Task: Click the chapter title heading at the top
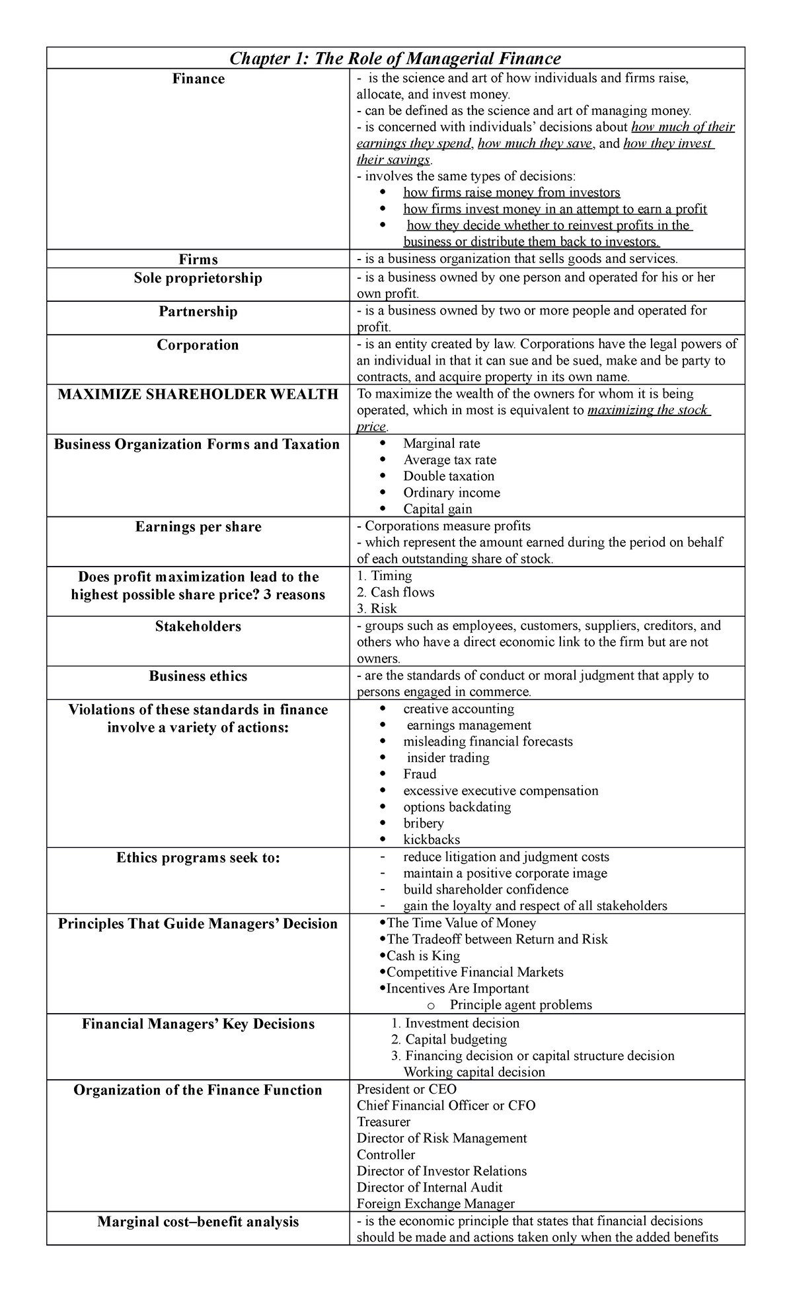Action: [395, 59]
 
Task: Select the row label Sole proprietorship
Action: [198, 278]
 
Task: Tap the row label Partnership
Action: [198, 311]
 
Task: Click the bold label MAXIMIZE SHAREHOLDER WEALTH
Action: [198, 394]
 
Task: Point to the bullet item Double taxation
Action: [449, 476]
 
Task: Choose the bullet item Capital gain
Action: [437, 509]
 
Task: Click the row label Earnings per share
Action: [198, 527]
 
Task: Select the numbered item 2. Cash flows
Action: [395, 592]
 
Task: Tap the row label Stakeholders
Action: [198, 626]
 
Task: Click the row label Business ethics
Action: [198, 676]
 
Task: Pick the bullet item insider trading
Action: [447, 758]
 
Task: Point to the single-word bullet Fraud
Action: [420, 774]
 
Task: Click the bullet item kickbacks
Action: [432, 839]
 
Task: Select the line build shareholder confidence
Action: [486, 890]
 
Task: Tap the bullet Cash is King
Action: [423, 956]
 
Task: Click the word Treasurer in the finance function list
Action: [383, 1122]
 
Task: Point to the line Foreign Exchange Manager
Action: [435, 1204]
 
